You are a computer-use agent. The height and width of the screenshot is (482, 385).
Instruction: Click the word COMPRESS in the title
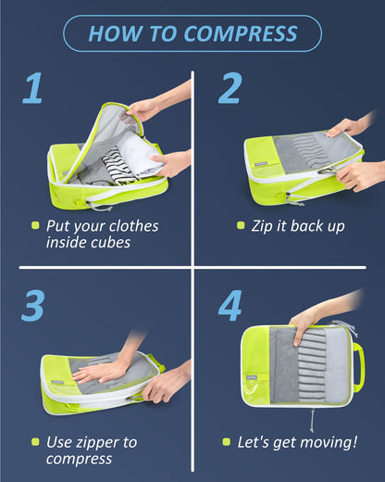click(x=241, y=34)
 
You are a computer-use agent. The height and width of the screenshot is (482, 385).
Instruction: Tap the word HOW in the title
click(x=114, y=34)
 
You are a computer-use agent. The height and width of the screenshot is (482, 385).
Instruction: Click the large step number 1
click(x=32, y=90)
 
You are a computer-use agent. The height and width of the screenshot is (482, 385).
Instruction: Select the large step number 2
click(x=230, y=90)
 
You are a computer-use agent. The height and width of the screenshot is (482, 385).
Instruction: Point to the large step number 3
click(x=32, y=306)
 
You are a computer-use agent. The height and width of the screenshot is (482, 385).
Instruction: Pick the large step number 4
click(x=230, y=306)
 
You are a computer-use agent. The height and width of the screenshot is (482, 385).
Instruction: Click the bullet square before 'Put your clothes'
click(x=35, y=225)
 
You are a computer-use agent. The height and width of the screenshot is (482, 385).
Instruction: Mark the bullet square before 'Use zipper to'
click(x=35, y=442)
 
